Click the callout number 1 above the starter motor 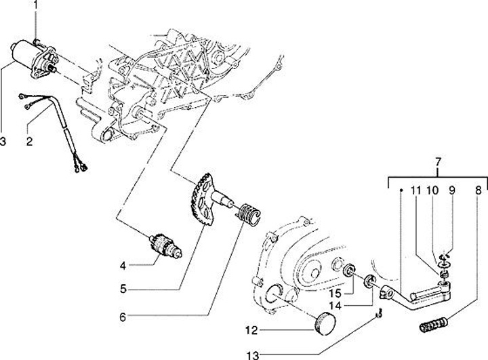coord(35,4)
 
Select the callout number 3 coord(3,142)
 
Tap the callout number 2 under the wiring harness coord(29,142)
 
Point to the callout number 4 coord(123,266)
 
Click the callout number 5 coord(123,289)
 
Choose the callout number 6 coord(123,317)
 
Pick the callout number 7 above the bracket coord(438,162)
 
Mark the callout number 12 coord(251,330)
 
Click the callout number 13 coord(253,355)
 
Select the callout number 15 coord(335,294)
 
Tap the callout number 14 coord(335,306)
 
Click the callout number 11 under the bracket coord(415,190)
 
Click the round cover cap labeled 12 coord(325,323)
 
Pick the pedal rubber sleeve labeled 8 coord(433,325)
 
